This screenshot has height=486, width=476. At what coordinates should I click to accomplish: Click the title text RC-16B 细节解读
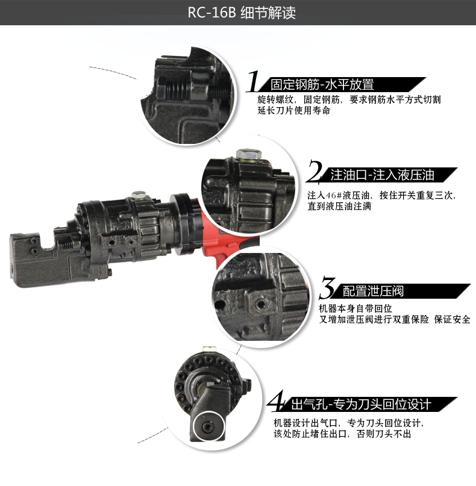click(237, 13)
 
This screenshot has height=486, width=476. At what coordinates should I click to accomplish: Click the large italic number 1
click(255, 81)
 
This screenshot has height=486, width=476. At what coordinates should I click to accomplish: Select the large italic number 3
click(327, 288)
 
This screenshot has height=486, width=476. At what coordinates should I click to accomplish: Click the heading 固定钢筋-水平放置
click(322, 84)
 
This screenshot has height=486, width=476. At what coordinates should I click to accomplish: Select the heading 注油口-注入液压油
click(382, 175)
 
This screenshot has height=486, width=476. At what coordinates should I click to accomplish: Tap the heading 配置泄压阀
click(373, 291)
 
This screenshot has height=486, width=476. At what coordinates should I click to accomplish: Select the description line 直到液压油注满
click(339, 207)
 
